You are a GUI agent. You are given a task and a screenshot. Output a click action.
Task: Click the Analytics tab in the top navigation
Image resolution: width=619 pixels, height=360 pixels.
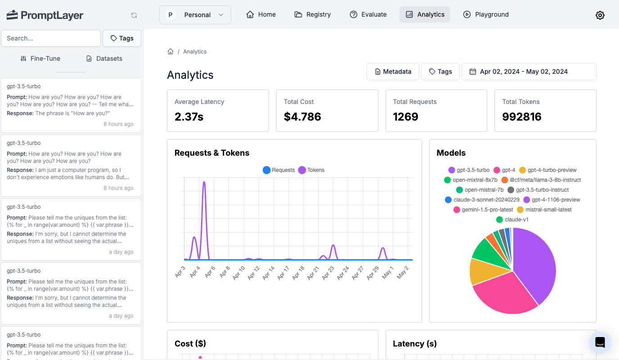pyautogui.click(x=425, y=14)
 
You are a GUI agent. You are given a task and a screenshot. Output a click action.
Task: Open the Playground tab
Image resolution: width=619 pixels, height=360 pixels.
pyautogui.click(x=486, y=14)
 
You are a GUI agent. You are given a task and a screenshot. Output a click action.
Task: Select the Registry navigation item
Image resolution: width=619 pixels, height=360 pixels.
pyautogui.click(x=313, y=14)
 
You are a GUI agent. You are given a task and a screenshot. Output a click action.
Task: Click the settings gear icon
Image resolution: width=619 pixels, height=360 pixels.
pyautogui.click(x=600, y=15)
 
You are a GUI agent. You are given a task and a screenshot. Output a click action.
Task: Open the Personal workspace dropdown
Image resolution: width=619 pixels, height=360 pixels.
pyautogui.click(x=195, y=15)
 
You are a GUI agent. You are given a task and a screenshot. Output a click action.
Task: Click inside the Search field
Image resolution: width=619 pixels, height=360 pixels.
pyautogui.click(x=50, y=38)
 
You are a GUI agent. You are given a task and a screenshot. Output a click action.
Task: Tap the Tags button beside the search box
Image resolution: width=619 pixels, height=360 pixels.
pyautogui.click(x=122, y=38)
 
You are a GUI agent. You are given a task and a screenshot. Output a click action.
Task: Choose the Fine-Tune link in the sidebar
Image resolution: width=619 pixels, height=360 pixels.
pyautogui.click(x=40, y=58)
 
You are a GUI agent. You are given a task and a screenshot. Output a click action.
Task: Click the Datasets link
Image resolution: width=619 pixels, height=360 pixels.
pyautogui.click(x=104, y=58)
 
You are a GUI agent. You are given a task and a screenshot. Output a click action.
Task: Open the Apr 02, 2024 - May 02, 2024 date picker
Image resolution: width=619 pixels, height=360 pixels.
pyautogui.click(x=529, y=72)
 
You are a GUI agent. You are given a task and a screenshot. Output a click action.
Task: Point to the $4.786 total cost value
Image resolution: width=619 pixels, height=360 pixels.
pyautogui.click(x=302, y=117)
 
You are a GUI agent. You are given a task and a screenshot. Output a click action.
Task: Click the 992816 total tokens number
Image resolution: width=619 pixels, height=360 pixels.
pyautogui.click(x=521, y=117)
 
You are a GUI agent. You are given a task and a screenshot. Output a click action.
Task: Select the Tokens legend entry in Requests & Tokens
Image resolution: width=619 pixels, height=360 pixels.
pyautogui.click(x=311, y=170)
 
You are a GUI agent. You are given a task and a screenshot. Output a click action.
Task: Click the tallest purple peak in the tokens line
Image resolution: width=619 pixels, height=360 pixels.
pyautogui.click(x=204, y=183)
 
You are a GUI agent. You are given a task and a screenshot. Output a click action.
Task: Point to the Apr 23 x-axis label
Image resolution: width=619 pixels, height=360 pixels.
pyautogui.click(x=329, y=273)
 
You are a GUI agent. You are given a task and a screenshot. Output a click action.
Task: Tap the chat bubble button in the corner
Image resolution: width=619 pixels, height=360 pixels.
pyautogui.click(x=600, y=342)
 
